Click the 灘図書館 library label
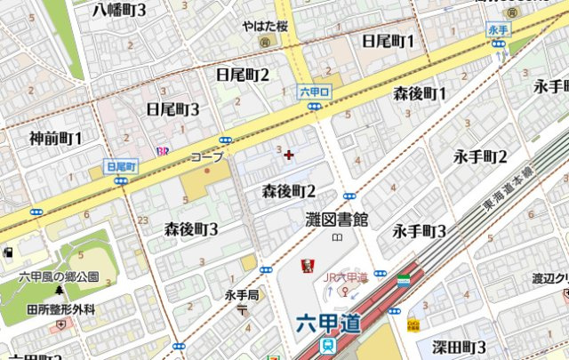(336, 219)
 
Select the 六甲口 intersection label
(314, 91)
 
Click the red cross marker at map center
(288, 155)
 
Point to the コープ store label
(207, 156)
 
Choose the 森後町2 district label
(289, 191)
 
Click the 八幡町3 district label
(132, 11)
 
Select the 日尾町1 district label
(389, 41)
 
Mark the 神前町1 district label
(55, 138)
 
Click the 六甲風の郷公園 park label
(60, 276)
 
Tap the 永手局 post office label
(241, 294)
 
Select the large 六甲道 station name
(328, 324)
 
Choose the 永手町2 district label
(480, 157)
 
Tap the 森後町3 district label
(191, 229)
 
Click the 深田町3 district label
(459, 346)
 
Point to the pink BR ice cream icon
(163, 151)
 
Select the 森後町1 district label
(420, 93)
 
